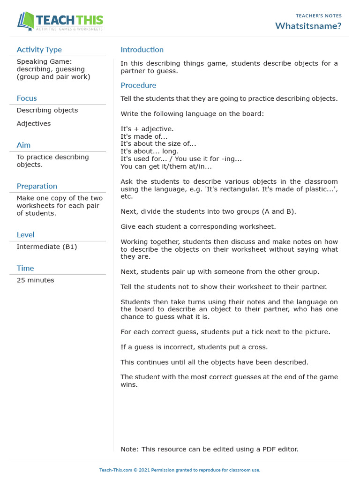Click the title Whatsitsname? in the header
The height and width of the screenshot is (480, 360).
coord(308,26)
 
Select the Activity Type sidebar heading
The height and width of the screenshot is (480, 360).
coord(39,50)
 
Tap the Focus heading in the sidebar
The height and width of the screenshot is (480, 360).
coord(27,98)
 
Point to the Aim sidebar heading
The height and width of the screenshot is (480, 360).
coord(23,145)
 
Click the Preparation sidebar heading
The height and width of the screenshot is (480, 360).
coord(37,186)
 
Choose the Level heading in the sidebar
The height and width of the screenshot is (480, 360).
coord(25,235)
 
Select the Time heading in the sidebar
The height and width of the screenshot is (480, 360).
coord(25,268)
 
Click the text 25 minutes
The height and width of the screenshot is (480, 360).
coord(35,280)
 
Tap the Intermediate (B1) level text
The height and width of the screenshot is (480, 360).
coord(47,247)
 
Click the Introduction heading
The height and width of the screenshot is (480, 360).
coord(142,50)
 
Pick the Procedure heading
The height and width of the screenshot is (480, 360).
coord(138,85)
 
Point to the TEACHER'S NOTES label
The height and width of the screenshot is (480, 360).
coord(319,16)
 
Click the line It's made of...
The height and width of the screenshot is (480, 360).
coord(144,136)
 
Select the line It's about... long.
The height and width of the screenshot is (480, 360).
coord(150,151)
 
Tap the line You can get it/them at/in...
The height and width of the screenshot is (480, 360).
coord(166,166)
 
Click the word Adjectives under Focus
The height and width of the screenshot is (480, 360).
coord(34,124)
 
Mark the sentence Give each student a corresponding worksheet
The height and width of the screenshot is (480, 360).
coord(198,227)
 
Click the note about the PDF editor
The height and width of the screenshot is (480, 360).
coord(209,449)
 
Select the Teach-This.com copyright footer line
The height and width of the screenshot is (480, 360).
coord(180,470)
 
